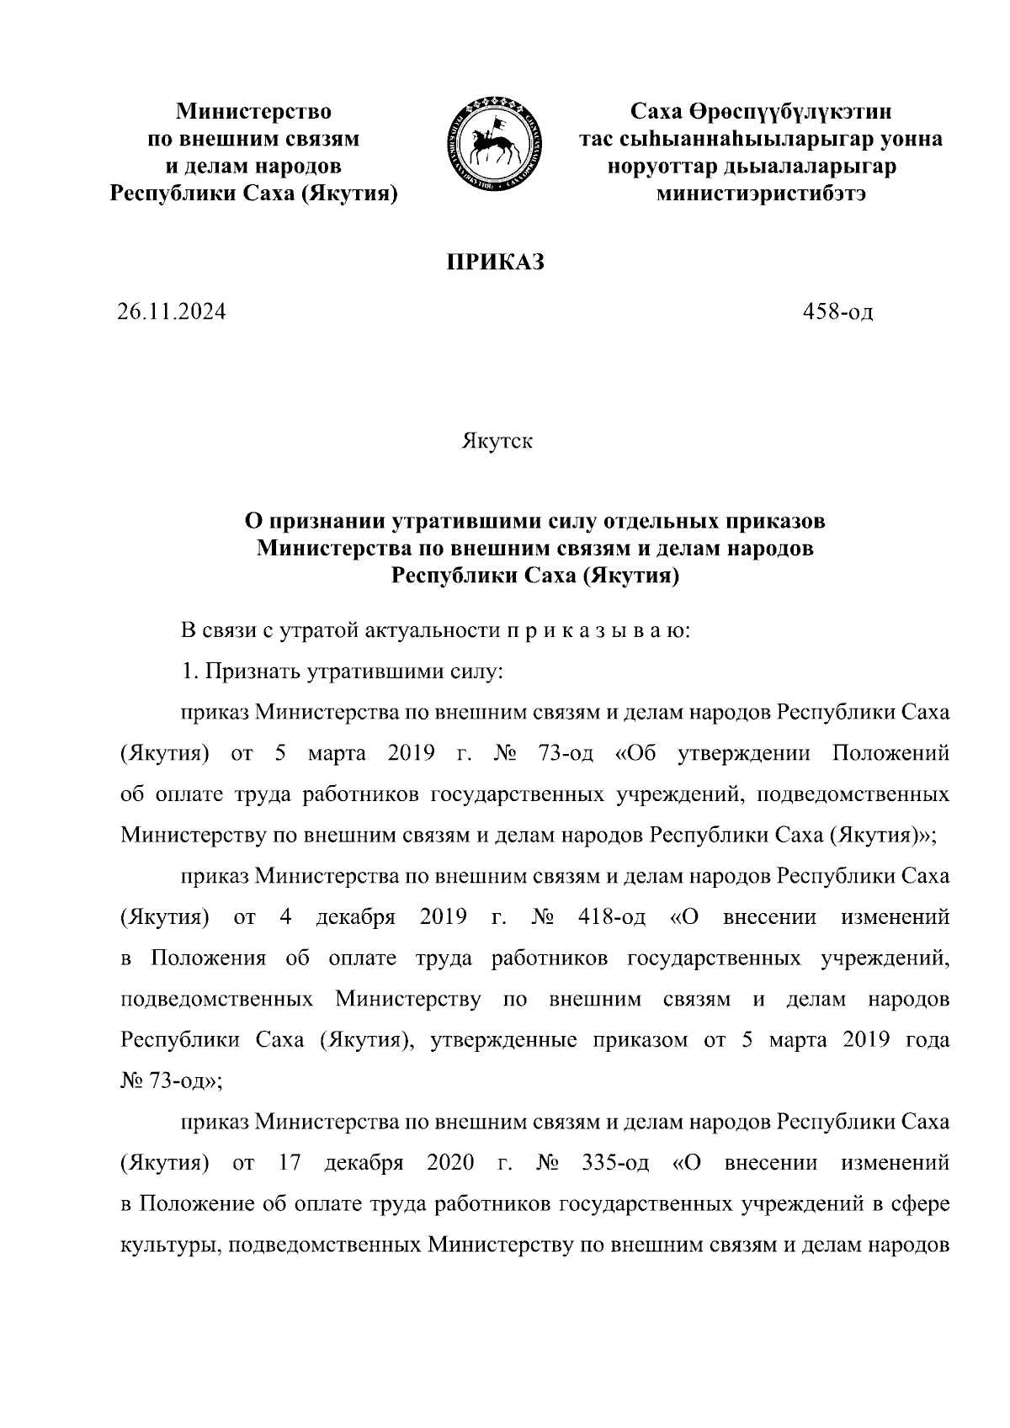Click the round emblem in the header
[x=494, y=143]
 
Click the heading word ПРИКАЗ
[x=495, y=263]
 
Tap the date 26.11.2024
[x=172, y=313]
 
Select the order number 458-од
[x=838, y=313]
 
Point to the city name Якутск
[x=497, y=441]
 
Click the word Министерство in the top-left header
[x=252, y=111]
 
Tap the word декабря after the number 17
[x=364, y=1163]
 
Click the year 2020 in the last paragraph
[x=451, y=1163]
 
